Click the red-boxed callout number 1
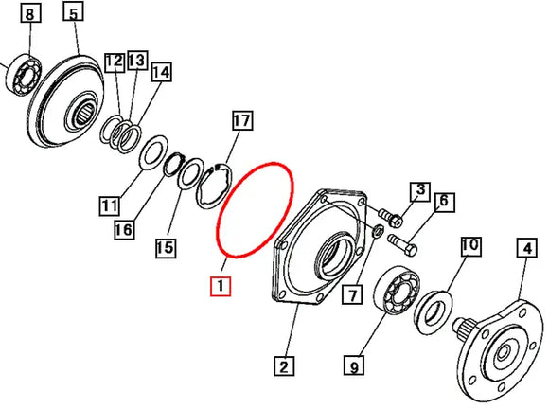(x=221, y=286)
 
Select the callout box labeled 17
(x=242, y=121)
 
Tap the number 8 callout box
(x=30, y=14)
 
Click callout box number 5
(x=73, y=14)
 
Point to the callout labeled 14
(x=161, y=73)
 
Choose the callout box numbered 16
(x=124, y=230)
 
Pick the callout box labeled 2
(x=284, y=366)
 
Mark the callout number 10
(x=470, y=246)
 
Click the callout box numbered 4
(x=527, y=247)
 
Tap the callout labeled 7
(x=352, y=294)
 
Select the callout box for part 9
(x=354, y=366)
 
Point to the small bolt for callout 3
(x=390, y=217)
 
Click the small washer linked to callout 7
(x=378, y=231)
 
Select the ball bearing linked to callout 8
(x=24, y=75)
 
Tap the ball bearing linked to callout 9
(x=397, y=290)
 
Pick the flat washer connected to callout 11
(x=153, y=153)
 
